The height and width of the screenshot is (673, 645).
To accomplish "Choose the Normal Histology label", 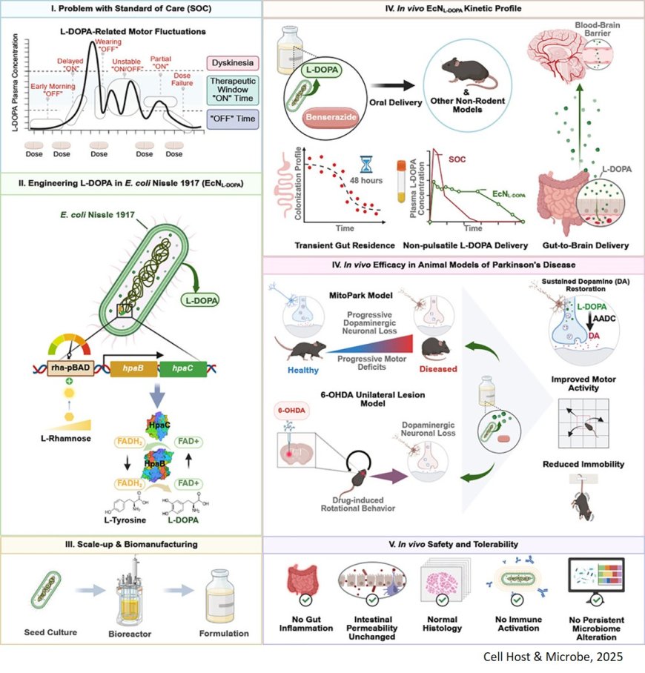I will (x=442, y=623).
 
